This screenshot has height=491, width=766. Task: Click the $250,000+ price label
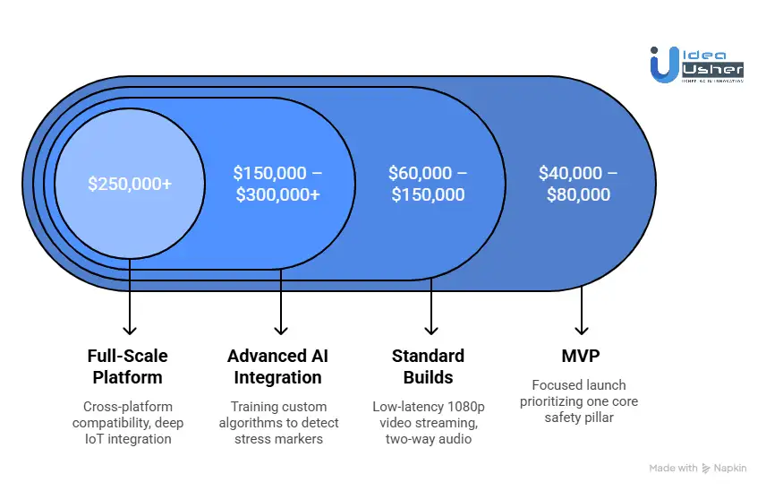[130, 184]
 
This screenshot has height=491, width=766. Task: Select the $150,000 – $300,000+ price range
[277, 184]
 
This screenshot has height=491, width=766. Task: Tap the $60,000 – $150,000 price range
[428, 184]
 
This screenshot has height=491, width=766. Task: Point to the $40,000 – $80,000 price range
[578, 184]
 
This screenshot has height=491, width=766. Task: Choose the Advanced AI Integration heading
[277, 366]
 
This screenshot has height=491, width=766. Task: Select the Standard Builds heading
[428, 366]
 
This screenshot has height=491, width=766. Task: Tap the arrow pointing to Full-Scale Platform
[130, 300]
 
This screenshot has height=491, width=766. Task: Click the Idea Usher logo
[697, 65]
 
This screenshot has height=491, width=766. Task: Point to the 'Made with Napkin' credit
[698, 468]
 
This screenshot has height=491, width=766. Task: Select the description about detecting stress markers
[277, 422]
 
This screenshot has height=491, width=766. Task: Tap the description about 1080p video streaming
[428, 422]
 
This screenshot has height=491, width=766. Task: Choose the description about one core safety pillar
[579, 401]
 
